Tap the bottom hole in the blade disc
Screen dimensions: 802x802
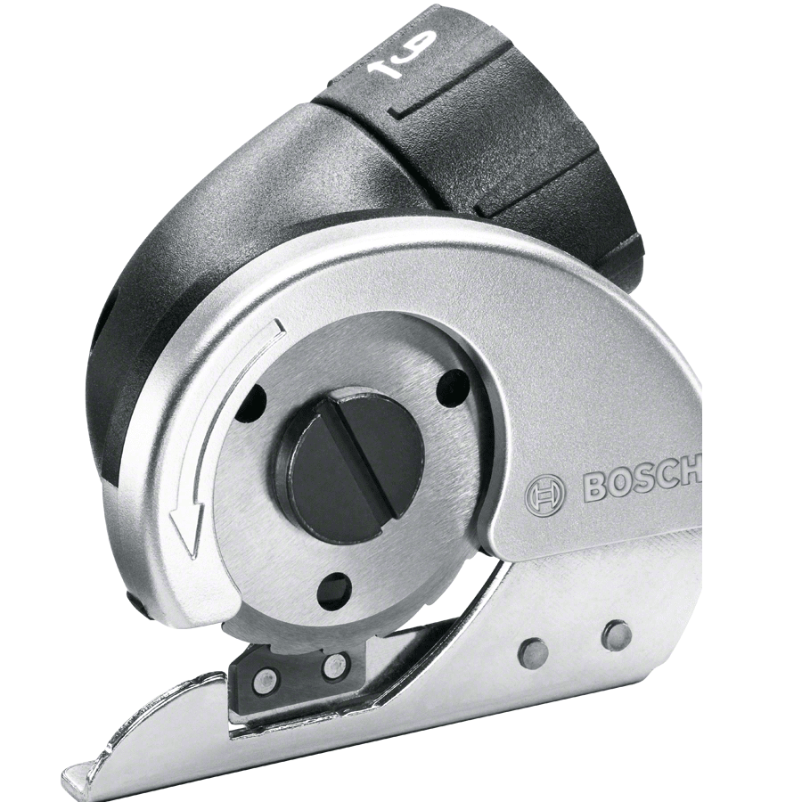pos(333,592)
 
